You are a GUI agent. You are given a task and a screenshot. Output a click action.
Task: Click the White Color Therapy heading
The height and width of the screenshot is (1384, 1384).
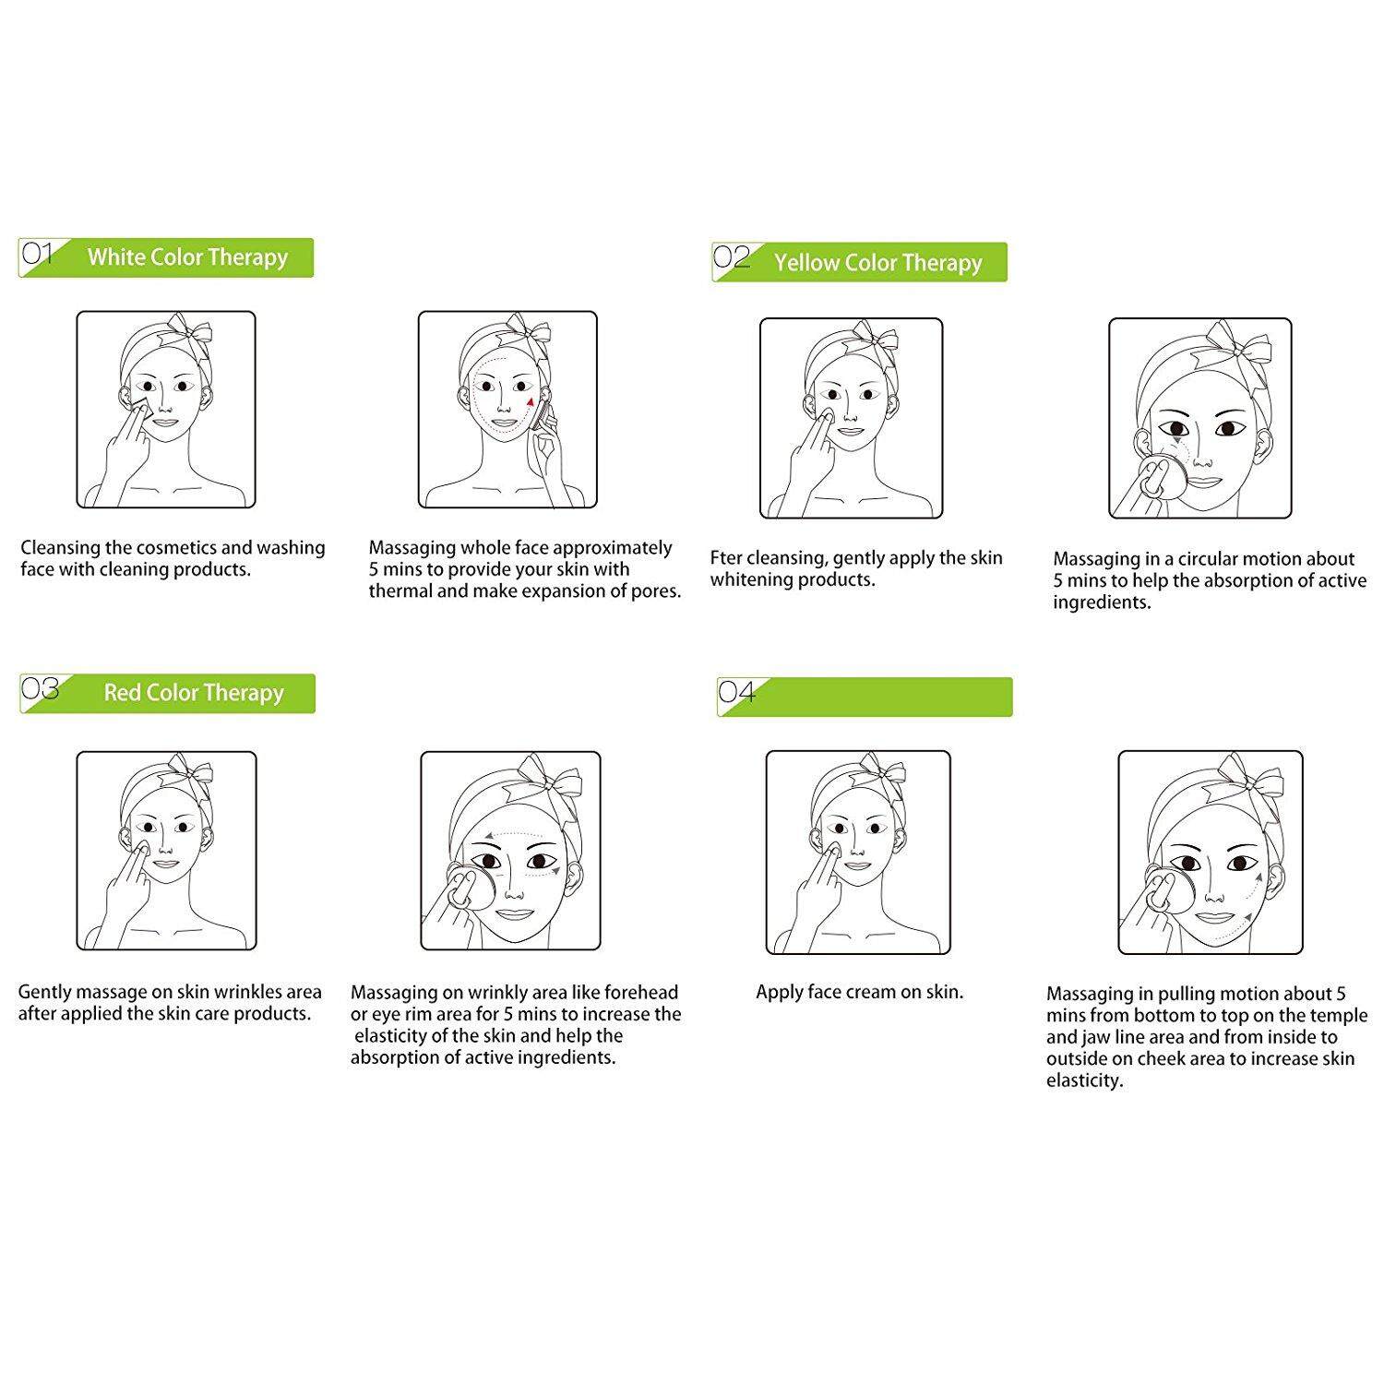(x=187, y=257)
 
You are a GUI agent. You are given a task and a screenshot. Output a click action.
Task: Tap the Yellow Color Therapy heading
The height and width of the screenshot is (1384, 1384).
(x=878, y=263)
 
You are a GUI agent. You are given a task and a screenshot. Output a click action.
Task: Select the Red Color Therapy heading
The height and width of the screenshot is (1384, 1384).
(x=194, y=693)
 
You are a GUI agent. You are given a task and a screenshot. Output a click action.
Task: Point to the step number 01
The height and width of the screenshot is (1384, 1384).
(x=37, y=253)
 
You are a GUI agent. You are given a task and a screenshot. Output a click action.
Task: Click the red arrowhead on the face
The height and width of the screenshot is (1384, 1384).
(x=531, y=401)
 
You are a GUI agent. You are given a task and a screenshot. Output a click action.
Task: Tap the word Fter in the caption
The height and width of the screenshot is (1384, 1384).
(x=725, y=558)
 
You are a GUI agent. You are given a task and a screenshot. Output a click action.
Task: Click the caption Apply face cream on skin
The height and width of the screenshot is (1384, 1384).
(x=860, y=993)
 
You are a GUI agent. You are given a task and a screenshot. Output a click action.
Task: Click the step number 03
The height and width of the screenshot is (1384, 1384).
(x=40, y=688)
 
